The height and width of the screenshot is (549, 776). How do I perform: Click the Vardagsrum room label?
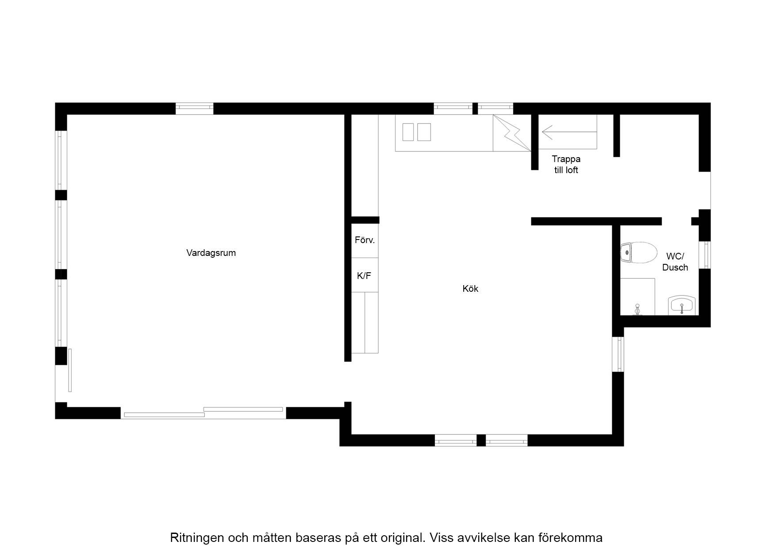(x=211, y=253)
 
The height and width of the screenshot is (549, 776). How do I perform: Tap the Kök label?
(x=470, y=289)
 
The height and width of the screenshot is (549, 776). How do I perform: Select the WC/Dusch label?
(x=675, y=262)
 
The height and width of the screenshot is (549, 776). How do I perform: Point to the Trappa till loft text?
(x=566, y=164)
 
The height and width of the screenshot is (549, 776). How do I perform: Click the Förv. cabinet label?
(x=365, y=240)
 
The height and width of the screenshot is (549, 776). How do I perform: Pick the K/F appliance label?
(x=364, y=276)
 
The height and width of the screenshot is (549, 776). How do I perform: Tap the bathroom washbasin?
(x=682, y=305)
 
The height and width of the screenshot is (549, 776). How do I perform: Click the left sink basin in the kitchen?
(x=408, y=132)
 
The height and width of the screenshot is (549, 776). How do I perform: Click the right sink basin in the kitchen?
(x=424, y=132)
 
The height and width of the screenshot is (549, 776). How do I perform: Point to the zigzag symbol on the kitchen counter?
(x=512, y=133)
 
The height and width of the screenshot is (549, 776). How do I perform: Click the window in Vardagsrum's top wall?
(x=194, y=108)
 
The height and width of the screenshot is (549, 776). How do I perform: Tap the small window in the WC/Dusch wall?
(x=705, y=255)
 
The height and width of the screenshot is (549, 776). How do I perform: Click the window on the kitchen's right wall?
(x=618, y=354)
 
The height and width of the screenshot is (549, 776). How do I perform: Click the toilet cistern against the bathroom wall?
(x=626, y=253)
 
